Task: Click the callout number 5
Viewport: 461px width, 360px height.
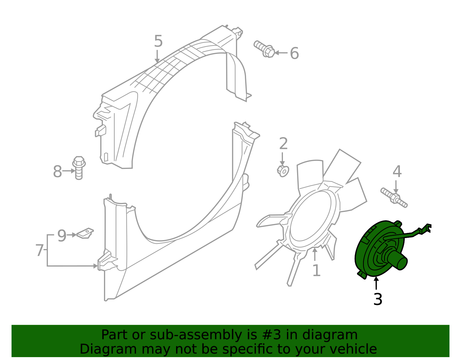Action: [158, 41]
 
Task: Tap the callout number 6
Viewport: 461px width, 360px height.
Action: [294, 53]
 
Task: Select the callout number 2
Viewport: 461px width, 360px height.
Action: [283, 144]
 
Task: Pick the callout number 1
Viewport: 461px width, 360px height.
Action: [316, 271]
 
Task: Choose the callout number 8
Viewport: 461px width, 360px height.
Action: [57, 171]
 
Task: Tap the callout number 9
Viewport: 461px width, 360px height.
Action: [62, 235]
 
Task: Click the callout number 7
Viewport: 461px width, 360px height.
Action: [39, 250]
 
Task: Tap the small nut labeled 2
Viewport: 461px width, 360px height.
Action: [283, 171]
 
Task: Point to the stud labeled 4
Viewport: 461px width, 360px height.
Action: [394, 197]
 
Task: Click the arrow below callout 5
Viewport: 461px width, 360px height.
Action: [157, 56]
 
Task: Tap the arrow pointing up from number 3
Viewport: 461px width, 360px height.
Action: [376, 283]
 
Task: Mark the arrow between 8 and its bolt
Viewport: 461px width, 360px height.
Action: [69, 171]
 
